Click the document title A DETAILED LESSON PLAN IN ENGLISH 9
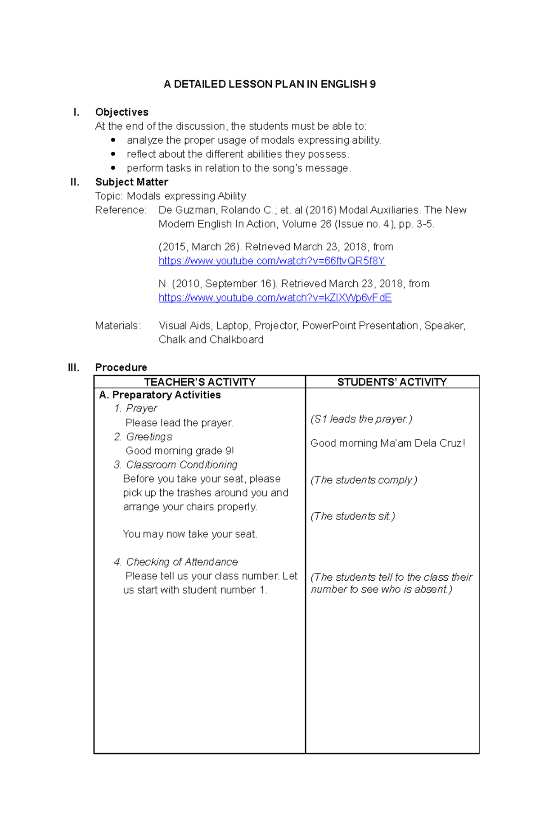(270, 84)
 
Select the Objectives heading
(121, 112)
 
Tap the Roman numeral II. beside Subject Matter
(75, 182)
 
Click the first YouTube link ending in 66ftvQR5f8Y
(272, 261)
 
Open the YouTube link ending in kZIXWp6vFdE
(275, 298)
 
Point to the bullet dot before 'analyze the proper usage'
(113, 140)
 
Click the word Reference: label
(121, 210)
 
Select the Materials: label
(118, 326)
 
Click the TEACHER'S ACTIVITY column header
(199, 382)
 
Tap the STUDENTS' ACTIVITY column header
(392, 382)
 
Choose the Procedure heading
(121, 367)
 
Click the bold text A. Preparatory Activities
(160, 395)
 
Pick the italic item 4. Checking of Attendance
(175, 562)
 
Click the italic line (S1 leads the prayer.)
(361, 419)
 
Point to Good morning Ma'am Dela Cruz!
(387, 443)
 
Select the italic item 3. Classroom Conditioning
(175, 465)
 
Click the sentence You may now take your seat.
(190, 534)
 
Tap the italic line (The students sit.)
(352, 516)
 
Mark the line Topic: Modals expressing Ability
(171, 196)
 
